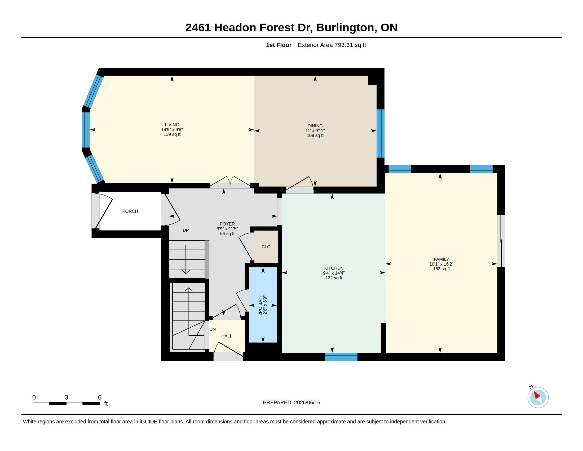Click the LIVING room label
click(x=172, y=125)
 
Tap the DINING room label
click(x=315, y=126)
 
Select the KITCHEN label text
click(x=334, y=268)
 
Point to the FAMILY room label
click(x=441, y=259)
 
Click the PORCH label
click(x=130, y=211)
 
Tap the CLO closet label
click(x=266, y=247)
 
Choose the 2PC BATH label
click(x=260, y=305)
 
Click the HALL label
click(x=227, y=336)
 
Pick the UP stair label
click(x=185, y=230)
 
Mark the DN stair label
click(x=213, y=329)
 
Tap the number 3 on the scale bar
click(x=66, y=397)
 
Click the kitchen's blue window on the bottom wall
click(x=341, y=357)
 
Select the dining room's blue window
click(x=380, y=133)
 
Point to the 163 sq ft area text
click(x=441, y=269)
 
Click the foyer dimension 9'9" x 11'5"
click(x=227, y=229)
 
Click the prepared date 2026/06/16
click(x=307, y=402)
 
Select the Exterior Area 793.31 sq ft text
click(x=332, y=45)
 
